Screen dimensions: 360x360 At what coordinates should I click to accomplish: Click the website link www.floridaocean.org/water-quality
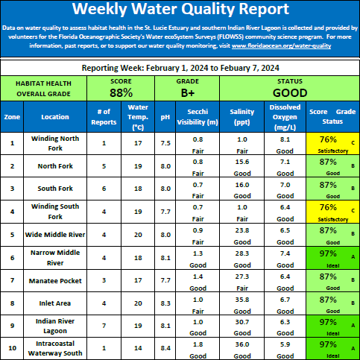[x=281, y=46]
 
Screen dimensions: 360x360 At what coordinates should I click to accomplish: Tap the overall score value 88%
[x=121, y=93]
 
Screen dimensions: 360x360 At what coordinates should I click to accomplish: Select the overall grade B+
[x=188, y=93]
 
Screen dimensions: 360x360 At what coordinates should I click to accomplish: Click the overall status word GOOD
[x=290, y=93]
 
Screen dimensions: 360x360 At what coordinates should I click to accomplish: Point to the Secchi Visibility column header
[x=198, y=117]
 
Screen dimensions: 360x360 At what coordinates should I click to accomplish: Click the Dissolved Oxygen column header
[x=285, y=117]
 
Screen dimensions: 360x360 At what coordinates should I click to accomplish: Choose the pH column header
[x=165, y=117]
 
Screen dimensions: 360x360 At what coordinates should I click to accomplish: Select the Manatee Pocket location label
[x=55, y=281]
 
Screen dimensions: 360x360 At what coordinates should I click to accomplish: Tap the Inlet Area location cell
[x=55, y=303]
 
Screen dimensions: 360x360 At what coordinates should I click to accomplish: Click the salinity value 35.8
[x=242, y=300]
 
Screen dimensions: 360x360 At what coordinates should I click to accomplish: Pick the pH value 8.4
[x=165, y=348]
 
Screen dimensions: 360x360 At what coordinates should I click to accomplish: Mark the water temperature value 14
[x=138, y=348]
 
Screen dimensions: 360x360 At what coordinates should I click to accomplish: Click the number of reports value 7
[x=104, y=326]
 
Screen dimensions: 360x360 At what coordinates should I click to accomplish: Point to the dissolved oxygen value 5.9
[x=285, y=344]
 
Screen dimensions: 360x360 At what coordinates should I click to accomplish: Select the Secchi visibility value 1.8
[x=198, y=344]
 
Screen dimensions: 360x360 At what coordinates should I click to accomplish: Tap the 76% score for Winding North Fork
[x=328, y=139]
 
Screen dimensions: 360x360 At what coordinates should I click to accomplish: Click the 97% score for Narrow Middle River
[x=328, y=253]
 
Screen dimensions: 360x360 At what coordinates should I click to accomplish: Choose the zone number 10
[x=12, y=348]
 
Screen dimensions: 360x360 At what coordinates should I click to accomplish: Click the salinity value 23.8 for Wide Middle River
[x=242, y=230]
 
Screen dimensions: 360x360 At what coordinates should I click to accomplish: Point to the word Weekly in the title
[x=100, y=9]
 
